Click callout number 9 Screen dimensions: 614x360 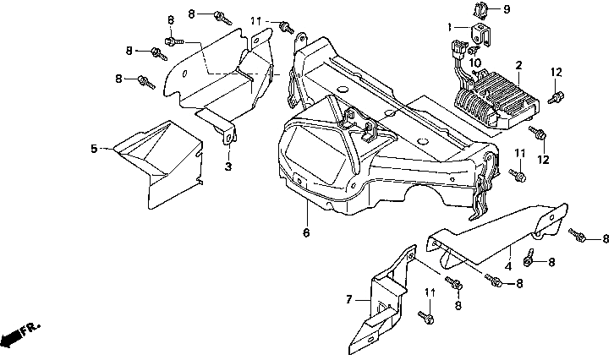click(x=507, y=9)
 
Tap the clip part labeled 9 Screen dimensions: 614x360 click(x=481, y=11)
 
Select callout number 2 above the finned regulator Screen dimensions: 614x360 click(x=518, y=65)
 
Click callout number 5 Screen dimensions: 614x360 click(x=94, y=149)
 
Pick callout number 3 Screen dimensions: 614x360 click(x=228, y=166)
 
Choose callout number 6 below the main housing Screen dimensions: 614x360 click(x=306, y=232)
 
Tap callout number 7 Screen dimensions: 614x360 click(x=349, y=300)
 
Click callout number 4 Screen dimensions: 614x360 click(x=508, y=267)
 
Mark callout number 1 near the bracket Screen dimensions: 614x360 click(x=450, y=27)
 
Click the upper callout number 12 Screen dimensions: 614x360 click(x=556, y=73)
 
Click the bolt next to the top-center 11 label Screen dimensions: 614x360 click(x=286, y=27)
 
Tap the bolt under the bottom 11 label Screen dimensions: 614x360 click(x=426, y=318)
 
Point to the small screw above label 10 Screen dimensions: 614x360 click(x=473, y=50)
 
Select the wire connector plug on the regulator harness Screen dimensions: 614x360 click(x=458, y=47)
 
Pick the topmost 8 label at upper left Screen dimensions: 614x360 click(x=191, y=14)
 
